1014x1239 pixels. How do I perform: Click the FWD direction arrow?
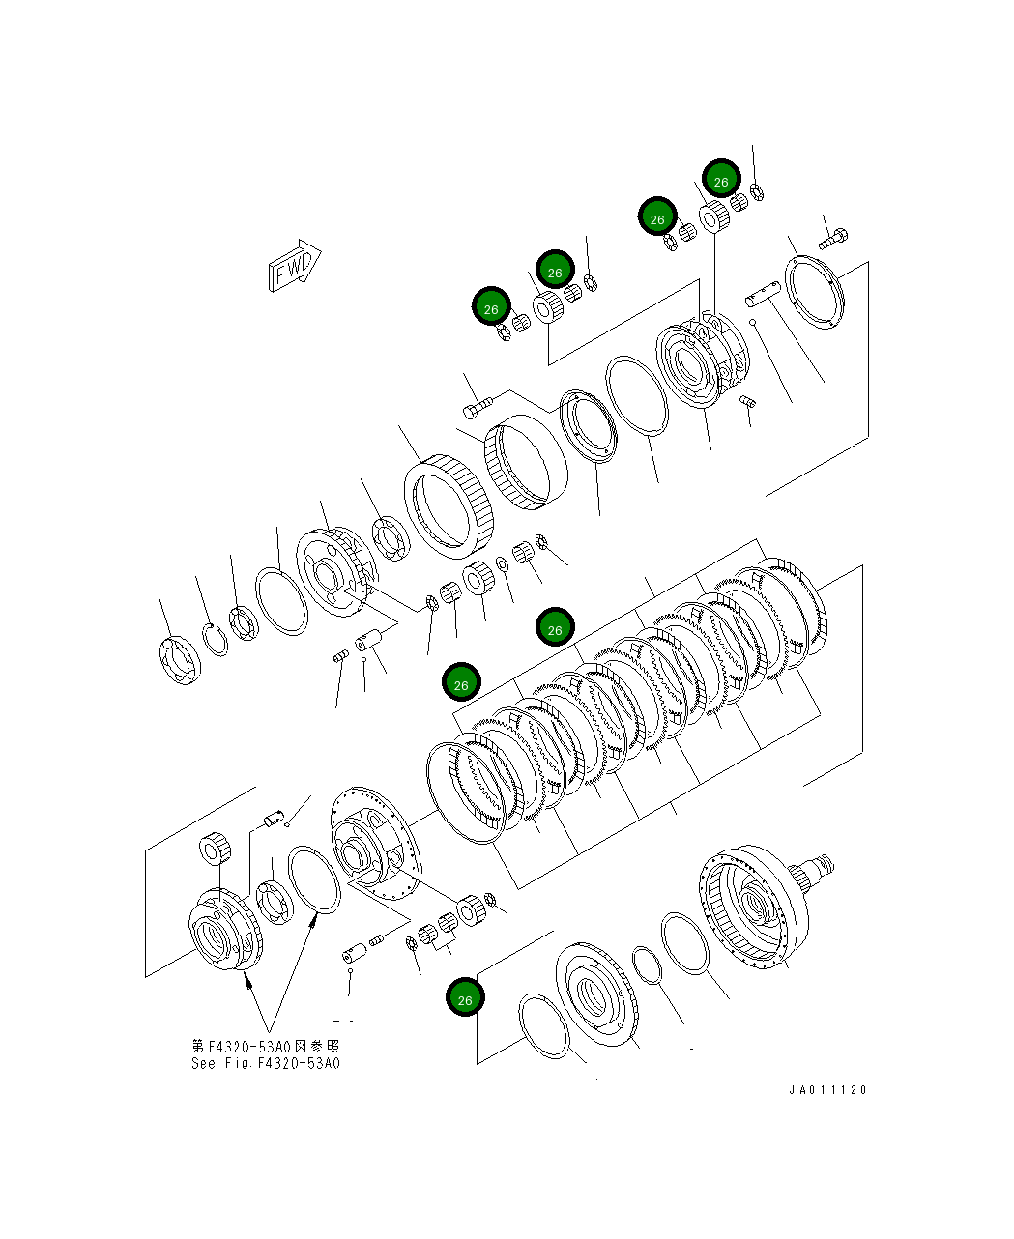(x=293, y=264)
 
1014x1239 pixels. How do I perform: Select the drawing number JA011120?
(x=827, y=1090)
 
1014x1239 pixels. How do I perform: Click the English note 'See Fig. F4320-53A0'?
(x=266, y=1063)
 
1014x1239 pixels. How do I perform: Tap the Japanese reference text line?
(x=266, y=1046)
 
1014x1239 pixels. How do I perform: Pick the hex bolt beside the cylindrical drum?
(x=478, y=406)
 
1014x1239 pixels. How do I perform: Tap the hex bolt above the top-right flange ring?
(x=835, y=236)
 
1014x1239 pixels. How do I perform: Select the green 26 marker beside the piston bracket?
(x=465, y=998)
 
